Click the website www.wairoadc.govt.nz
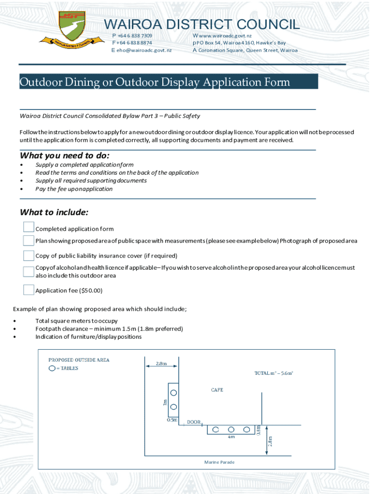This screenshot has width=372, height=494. [x=225, y=36]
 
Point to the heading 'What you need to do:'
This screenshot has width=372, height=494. [x=64, y=156]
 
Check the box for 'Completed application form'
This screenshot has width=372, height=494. [x=29, y=227]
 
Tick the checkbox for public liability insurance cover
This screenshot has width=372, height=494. [x=29, y=255]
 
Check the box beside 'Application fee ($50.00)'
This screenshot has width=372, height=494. [x=29, y=289]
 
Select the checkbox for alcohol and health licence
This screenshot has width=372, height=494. [x=29, y=271]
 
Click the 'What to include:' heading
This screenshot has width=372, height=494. [x=54, y=213]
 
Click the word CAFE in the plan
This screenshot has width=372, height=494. [x=217, y=389]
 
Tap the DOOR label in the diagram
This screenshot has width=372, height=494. [x=194, y=422]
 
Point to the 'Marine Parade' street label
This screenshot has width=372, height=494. [x=219, y=462]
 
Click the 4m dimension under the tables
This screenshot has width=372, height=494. [x=231, y=438]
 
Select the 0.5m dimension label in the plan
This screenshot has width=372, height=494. [x=172, y=420]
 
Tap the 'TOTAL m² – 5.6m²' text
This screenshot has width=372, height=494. [x=274, y=372]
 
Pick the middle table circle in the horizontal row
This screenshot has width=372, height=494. [x=231, y=429]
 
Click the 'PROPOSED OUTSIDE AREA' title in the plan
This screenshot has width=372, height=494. [x=79, y=360]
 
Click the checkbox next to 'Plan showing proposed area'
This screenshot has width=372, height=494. [x=29, y=241]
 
